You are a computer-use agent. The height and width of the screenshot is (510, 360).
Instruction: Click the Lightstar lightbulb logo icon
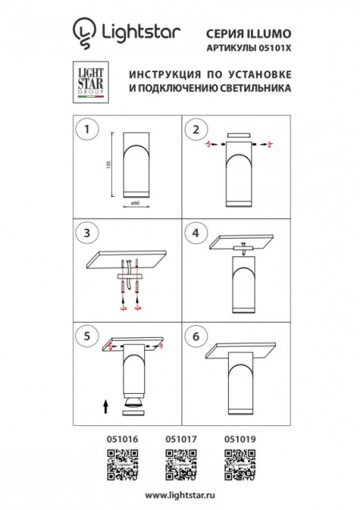(x=82, y=33)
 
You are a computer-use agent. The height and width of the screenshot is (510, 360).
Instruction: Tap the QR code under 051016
(x=121, y=463)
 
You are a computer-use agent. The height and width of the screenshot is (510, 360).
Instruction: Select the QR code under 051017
(x=180, y=463)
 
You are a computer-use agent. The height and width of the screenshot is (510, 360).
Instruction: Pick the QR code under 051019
(x=239, y=463)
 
